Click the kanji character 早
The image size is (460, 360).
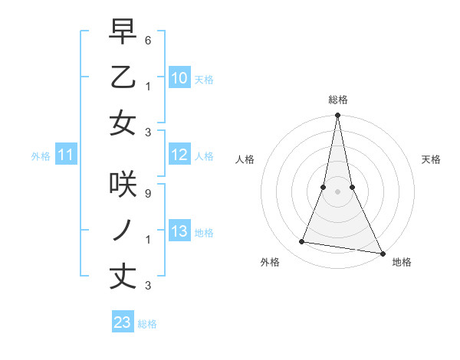[123, 33]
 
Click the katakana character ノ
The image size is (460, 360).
[123, 231]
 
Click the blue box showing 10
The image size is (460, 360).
[179, 77]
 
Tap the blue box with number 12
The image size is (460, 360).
[179, 155]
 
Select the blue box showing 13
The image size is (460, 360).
[179, 231]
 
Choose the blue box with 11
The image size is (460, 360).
[65, 155]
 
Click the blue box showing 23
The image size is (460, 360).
[122, 322]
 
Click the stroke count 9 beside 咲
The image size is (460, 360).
[147, 194]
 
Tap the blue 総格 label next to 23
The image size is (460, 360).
[147, 323]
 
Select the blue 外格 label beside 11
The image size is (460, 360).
[41, 156]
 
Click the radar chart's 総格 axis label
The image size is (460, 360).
[337, 100]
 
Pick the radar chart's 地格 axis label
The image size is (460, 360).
[402, 262]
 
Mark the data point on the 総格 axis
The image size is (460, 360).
[337, 116]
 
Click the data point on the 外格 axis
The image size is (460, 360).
[302, 242]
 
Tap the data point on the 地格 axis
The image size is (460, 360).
[382, 253]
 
